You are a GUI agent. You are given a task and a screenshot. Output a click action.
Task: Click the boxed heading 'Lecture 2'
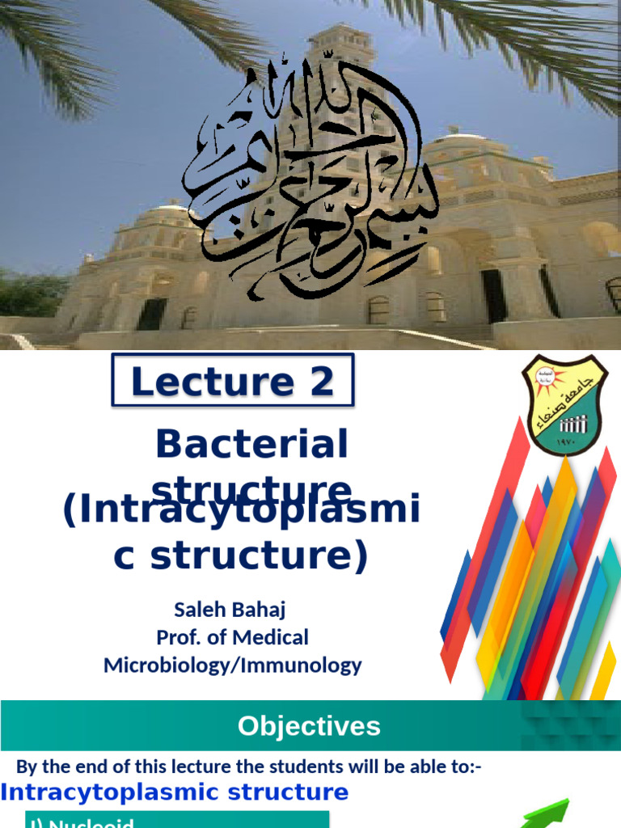(x=232, y=381)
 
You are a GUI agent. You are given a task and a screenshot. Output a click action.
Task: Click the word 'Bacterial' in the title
(x=251, y=444)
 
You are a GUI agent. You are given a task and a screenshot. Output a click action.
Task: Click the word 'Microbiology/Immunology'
(x=232, y=665)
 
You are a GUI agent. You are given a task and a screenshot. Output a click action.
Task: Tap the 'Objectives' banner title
(x=309, y=726)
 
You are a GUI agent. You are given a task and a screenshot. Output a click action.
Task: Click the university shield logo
(x=564, y=404)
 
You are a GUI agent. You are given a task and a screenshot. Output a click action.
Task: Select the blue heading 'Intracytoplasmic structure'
(x=175, y=792)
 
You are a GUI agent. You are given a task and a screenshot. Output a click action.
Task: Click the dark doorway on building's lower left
(x=151, y=314)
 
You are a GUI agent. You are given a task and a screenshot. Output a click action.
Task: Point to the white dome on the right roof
(x=465, y=143)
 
